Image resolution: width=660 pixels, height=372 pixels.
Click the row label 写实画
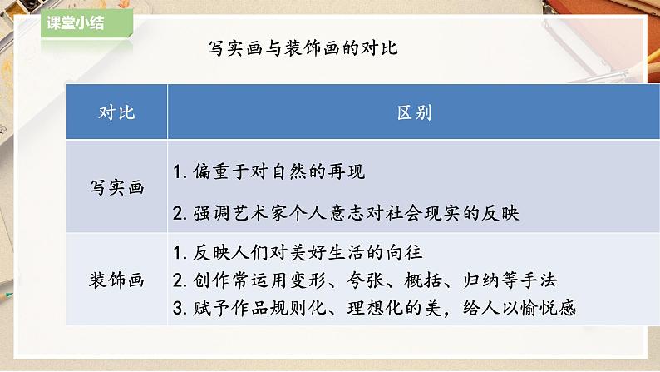116,188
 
